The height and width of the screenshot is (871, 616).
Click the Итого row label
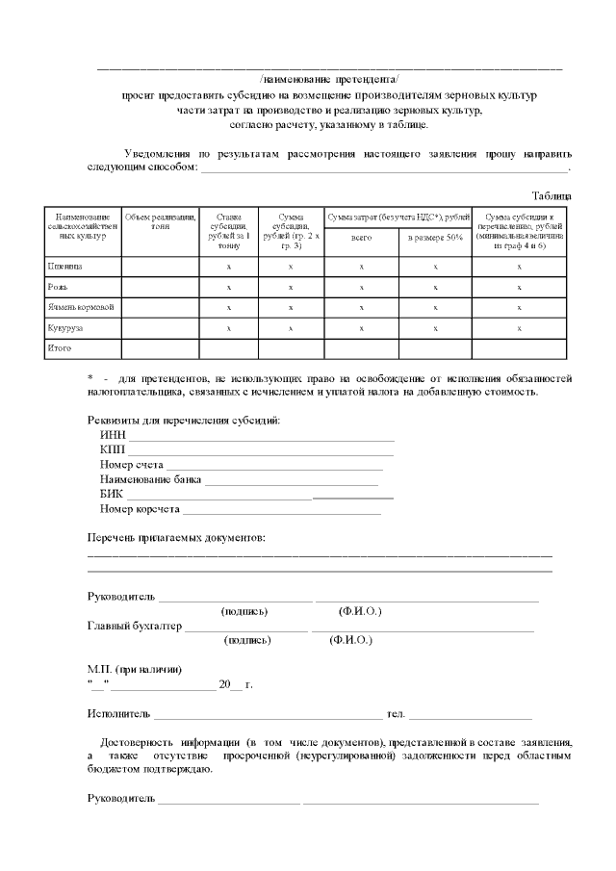click(x=61, y=348)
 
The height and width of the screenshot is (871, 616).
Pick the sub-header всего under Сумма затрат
click(x=361, y=237)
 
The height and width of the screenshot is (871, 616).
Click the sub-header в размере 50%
click(x=435, y=237)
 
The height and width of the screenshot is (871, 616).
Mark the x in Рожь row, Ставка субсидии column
click(x=228, y=287)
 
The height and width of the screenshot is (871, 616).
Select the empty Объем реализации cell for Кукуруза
click(x=160, y=328)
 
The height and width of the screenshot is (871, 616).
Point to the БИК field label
click(x=112, y=494)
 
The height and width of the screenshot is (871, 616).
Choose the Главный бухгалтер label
click(x=134, y=626)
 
